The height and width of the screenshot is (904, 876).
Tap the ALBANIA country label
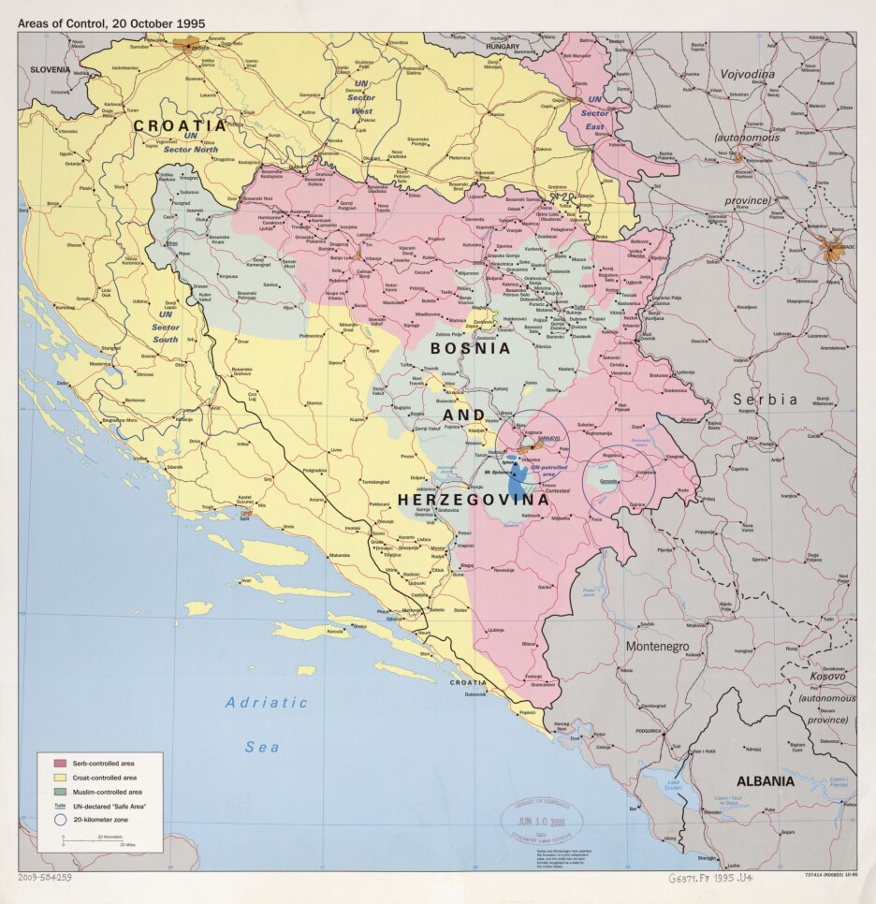tap(765, 780)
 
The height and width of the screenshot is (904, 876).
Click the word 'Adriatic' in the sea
tap(266, 702)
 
